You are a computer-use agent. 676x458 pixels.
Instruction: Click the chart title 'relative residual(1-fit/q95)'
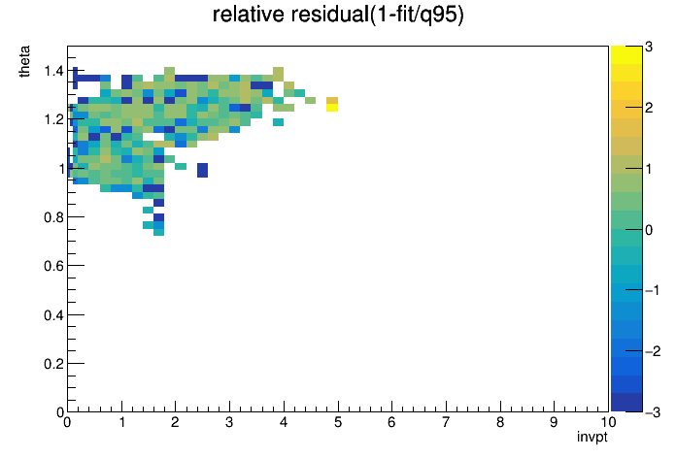(x=338, y=15)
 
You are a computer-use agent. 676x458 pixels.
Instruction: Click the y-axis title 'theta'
(x=24, y=61)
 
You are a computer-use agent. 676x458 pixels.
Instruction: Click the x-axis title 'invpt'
(x=591, y=437)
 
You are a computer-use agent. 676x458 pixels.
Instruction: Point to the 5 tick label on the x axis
(x=338, y=422)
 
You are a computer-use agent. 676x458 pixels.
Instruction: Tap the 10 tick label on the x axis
(x=607, y=422)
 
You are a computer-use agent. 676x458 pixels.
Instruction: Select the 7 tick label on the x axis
(x=446, y=422)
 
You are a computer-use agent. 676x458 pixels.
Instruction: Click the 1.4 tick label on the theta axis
(x=53, y=71)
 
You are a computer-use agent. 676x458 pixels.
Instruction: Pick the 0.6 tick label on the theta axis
(x=53, y=266)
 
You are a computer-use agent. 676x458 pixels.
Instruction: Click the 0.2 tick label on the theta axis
(x=53, y=364)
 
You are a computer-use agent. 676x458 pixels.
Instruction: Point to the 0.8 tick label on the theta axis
(x=53, y=217)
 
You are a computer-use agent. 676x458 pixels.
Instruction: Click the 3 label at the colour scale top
(x=649, y=47)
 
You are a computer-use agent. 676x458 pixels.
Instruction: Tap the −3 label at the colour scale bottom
(x=653, y=412)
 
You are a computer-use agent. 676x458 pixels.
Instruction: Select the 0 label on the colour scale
(x=649, y=230)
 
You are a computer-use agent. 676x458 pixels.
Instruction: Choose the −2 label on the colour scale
(x=653, y=351)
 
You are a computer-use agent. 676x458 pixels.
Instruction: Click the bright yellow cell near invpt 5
(x=332, y=108)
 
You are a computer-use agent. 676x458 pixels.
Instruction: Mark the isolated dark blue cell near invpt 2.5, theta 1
(x=202, y=170)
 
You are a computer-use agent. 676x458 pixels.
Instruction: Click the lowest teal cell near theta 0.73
(x=158, y=232)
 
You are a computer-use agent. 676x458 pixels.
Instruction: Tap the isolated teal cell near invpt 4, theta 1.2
(x=278, y=122)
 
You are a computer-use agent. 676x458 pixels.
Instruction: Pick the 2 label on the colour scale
(x=649, y=108)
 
